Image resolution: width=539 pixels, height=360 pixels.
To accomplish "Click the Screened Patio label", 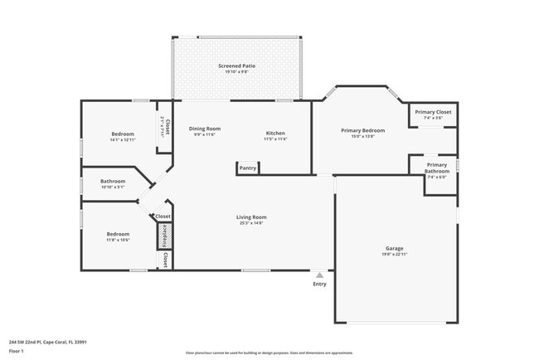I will coord(236,65).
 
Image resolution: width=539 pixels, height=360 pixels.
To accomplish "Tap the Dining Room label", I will coord(204,129).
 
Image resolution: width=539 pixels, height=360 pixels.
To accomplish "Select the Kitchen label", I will coord(275,134).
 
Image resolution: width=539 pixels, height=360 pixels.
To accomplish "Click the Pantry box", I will coord(248,168).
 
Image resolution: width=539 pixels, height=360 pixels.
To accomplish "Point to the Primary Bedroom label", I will coord(363,130).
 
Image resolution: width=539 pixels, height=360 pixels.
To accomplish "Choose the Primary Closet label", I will coord(433,111).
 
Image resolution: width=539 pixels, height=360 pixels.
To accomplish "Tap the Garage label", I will coord(394,249).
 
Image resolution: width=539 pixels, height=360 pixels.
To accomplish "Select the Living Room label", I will coord(251,217).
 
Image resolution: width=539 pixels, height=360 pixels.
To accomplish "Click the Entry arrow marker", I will coord(319,275).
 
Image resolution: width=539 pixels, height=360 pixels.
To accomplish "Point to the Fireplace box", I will coord(164,236).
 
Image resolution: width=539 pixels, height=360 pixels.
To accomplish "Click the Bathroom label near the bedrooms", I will coord(113,181).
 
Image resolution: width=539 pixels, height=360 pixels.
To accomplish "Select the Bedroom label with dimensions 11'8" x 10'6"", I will coord(118,234).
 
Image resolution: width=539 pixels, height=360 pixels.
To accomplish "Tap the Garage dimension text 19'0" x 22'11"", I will coord(394,255).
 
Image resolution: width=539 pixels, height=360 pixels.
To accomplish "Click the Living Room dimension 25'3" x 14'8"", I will coord(251,223).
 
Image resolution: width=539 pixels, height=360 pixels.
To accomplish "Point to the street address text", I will coord(47,342).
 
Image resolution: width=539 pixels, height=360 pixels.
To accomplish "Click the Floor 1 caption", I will coord(17,351).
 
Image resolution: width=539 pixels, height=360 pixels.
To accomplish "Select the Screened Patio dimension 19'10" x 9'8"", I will coord(236,71).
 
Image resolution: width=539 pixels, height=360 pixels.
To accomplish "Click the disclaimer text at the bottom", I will coord(269,353).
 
